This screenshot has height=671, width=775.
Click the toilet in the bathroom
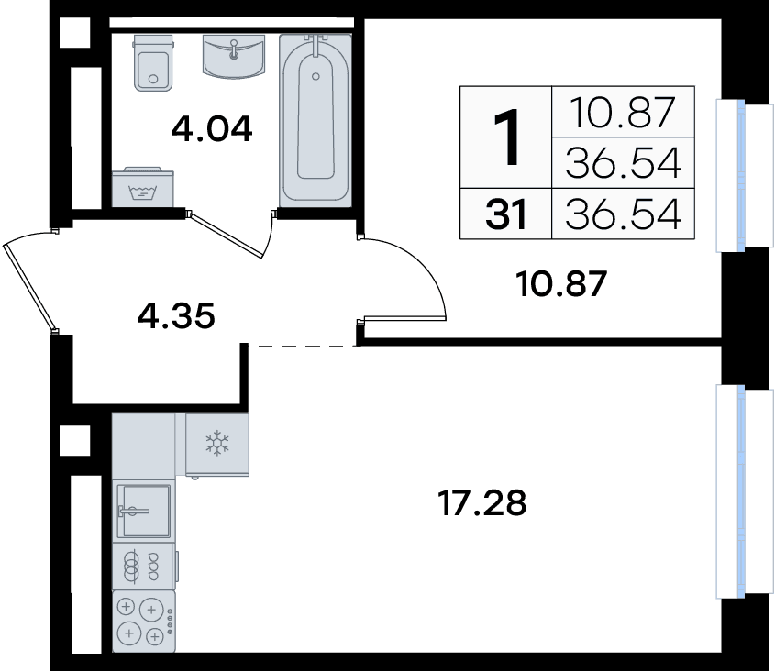point(154,62)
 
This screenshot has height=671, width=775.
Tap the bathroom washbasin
point(234,56)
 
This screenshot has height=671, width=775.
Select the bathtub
point(316,120)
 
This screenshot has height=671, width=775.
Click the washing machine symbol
point(143,187)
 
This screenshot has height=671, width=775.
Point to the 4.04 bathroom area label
point(212,129)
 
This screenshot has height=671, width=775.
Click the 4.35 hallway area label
point(176,315)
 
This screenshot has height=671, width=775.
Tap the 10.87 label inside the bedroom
point(561,284)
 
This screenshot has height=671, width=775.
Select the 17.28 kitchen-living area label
point(482,503)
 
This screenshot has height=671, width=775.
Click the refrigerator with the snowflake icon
point(217,445)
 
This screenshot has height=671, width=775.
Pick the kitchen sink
point(144,511)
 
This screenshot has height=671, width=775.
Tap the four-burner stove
point(144,621)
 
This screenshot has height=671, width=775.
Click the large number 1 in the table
point(506,137)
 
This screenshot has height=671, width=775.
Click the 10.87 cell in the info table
point(623,112)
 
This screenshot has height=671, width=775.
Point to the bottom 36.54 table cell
point(623,214)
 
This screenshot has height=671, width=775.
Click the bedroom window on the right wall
point(740,176)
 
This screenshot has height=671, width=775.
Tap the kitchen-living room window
point(740,491)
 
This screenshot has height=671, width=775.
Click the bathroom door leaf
point(226,236)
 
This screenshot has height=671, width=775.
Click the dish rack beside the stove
point(144,566)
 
